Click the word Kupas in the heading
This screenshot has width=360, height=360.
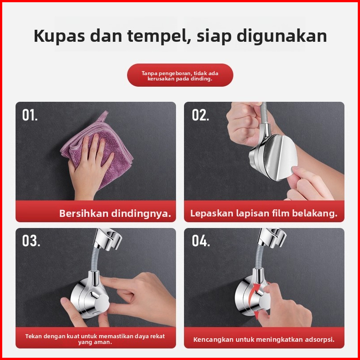tap(59, 36)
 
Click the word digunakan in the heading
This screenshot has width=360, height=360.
tap(282, 36)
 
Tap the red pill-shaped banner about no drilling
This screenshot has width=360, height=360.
tap(180, 75)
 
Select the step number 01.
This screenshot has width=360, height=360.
tap(30, 115)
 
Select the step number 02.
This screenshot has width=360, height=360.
tap(200, 115)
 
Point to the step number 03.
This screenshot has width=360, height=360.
tap(31, 240)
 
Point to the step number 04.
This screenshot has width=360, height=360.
tap(201, 240)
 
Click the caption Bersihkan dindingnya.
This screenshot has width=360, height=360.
tap(115, 213)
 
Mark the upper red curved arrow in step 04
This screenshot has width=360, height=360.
tap(254, 292)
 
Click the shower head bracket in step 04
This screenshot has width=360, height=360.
tap(272, 238)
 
